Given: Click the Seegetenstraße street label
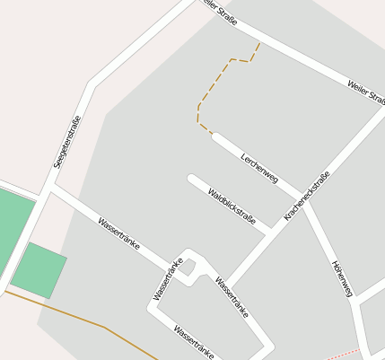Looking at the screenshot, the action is click(x=67, y=142).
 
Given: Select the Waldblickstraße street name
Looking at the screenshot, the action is click(x=232, y=206).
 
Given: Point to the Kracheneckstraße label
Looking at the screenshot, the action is click(x=307, y=197).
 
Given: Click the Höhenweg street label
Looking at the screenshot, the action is click(x=342, y=278).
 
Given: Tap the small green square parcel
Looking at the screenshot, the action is click(x=39, y=270).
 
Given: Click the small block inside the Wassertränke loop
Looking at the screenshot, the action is click(x=189, y=268).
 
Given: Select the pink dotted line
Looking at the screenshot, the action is click(x=345, y=354).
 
